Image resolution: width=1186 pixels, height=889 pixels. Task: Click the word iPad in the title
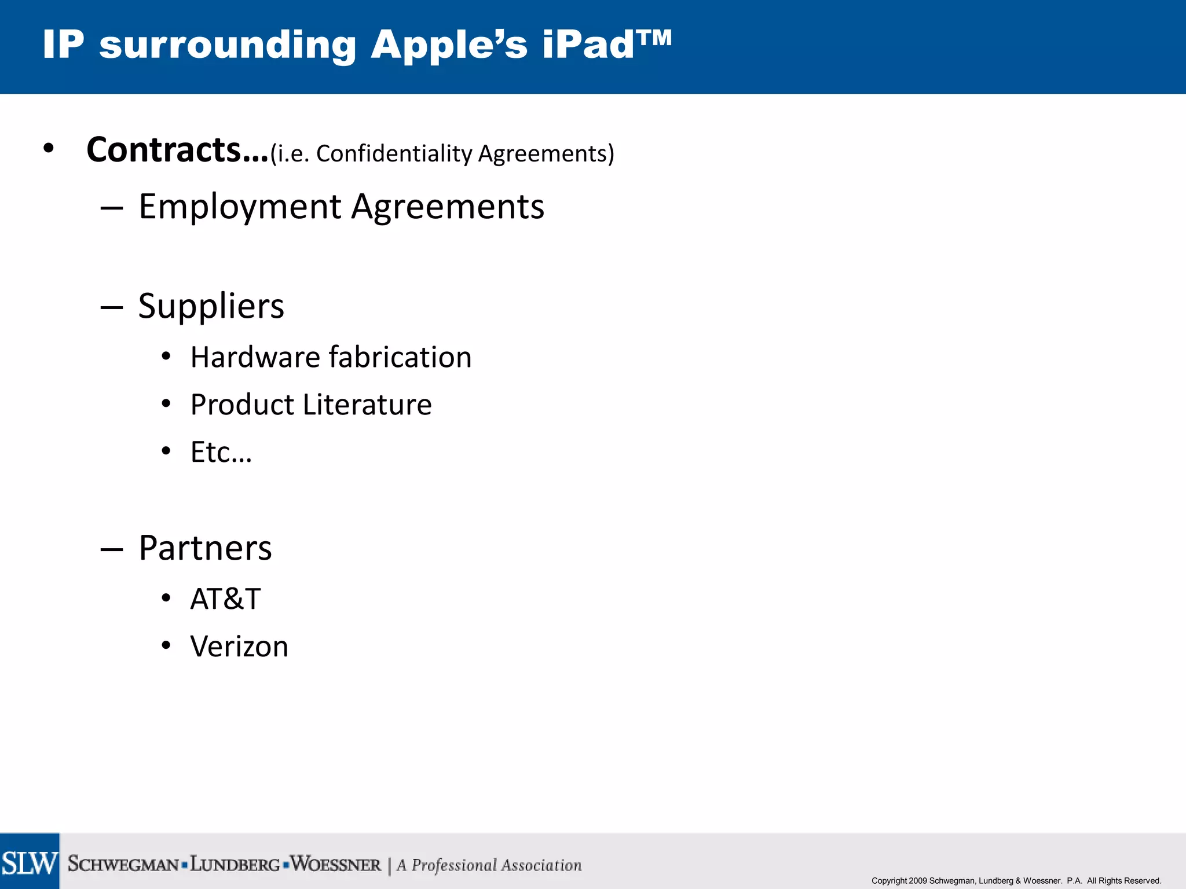point(588,45)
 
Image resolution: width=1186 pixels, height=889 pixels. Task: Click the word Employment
point(240,207)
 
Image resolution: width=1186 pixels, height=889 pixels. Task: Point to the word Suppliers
point(211,306)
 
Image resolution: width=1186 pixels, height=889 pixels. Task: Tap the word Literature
point(367,405)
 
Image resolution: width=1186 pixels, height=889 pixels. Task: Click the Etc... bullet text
point(221,452)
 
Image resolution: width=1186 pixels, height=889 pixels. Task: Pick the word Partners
point(205,548)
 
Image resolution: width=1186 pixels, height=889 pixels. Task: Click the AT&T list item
point(225,599)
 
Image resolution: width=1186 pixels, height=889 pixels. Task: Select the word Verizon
point(239,646)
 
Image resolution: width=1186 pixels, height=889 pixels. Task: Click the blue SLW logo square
point(30,861)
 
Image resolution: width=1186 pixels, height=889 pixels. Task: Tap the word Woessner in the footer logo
point(336,865)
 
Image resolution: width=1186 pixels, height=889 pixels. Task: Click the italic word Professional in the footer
point(455,865)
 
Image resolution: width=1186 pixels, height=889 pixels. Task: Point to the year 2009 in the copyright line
point(918,881)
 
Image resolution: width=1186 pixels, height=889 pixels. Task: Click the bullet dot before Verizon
point(166,645)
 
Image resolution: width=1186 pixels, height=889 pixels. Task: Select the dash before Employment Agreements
point(111,208)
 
